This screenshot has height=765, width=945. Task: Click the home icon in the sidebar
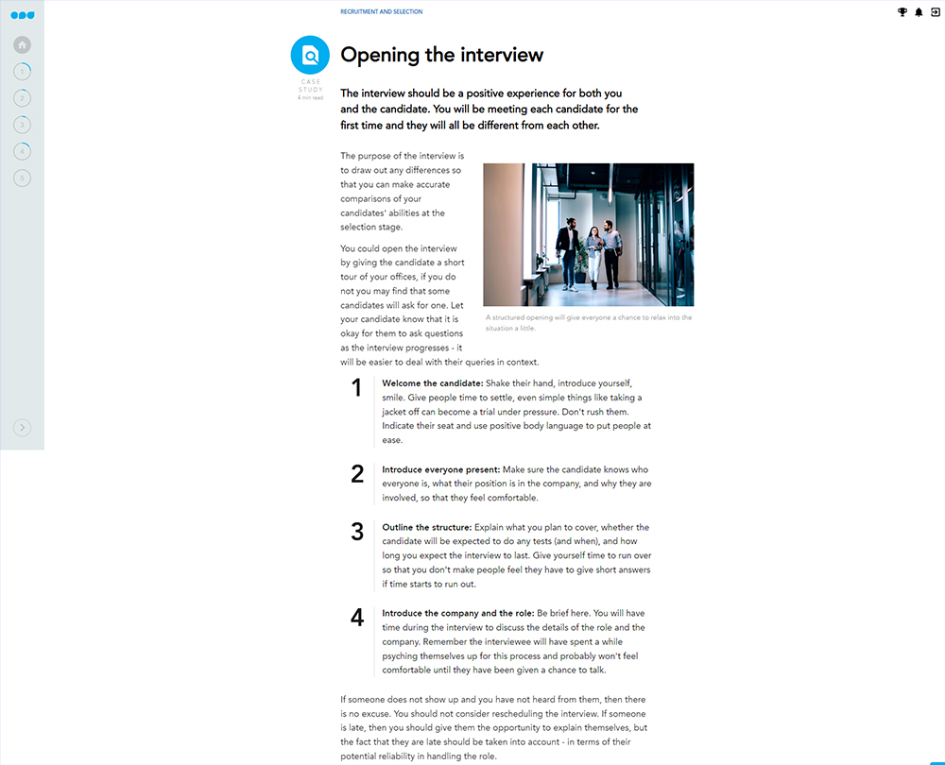coord(23,44)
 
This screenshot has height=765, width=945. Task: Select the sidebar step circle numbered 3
coord(23,125)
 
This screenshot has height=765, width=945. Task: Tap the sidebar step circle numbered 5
coord(23,178)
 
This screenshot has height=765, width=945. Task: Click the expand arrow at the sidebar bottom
coord(23,428)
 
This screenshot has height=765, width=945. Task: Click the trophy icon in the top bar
coord(902,12)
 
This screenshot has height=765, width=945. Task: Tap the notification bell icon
coord(919,12)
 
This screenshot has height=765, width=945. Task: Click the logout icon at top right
coord(935,12)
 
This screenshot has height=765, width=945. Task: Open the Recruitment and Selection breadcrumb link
coord(381,12)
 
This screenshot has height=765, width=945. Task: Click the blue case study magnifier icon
coord(310,55)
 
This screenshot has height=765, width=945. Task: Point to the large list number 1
coord(356,388)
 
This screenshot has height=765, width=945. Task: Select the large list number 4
coord(356,618)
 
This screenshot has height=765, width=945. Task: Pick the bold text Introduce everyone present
coord(440,469)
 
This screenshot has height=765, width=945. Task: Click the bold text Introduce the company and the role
coord(457,613)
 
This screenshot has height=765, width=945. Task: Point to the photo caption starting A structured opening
coord(588,322)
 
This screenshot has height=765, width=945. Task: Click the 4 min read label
coord(310,97)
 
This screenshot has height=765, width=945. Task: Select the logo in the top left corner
coord(22,14)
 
